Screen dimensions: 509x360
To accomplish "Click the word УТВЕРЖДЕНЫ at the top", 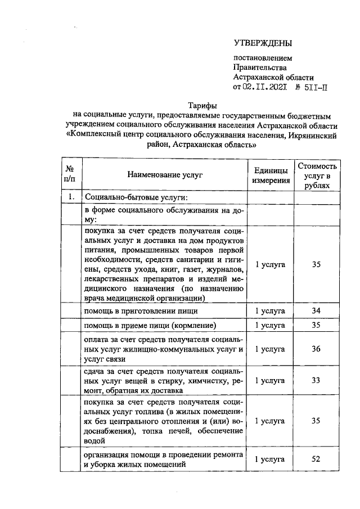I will pyautogui.click(x=263, y=43).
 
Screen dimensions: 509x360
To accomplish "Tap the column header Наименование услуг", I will pyautogui.click(x=164, y=175).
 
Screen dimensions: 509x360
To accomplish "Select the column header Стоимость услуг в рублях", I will pyautogui.click(x=318, y=175).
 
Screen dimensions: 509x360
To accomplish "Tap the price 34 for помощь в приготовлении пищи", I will pyautogui.click(x=316, y=310).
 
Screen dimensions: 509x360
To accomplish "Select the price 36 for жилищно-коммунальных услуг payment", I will pyautogui.click(x=316, y=349).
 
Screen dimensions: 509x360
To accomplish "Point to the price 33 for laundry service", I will pyautogui.click(x=316, y=380).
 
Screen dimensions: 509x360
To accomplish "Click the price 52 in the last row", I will pyautogui.click(x=316, y=459).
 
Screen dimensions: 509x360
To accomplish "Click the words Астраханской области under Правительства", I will pyautogui.click(x=273, y=77).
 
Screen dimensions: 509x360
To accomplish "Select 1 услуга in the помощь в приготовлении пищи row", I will pyautogui.click(x=271, y=310).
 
